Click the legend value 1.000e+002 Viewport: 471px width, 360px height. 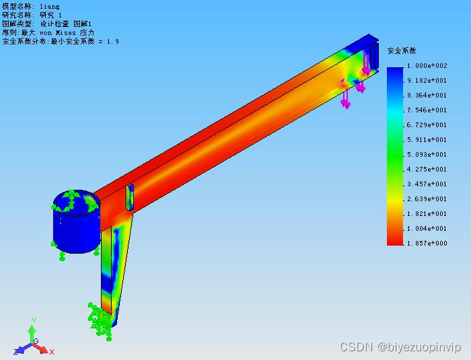pos(427,66)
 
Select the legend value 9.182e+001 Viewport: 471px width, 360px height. pos(427,81)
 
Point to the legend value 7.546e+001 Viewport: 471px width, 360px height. pos(427,110)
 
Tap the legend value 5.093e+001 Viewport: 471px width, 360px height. pos(427,155)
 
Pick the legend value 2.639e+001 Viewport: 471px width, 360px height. pos(427,199)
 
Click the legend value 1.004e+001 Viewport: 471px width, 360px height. pos(427,228)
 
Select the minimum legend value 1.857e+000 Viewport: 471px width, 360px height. pos(427,243)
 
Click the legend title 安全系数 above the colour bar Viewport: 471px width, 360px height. pos(402,50)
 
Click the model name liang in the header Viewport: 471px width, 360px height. pos(50,6)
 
